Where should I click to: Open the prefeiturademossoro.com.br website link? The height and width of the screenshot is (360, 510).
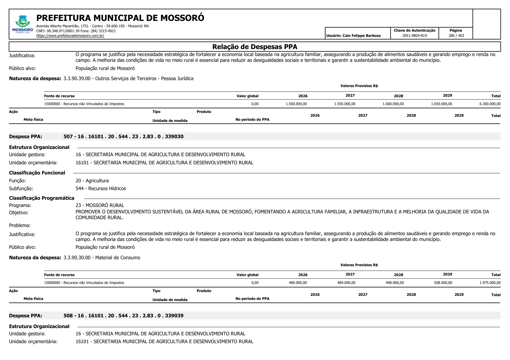click(x=70, y=36)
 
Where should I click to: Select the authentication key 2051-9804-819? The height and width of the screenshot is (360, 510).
click(x=414, y=36)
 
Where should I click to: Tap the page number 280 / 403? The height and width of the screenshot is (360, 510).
click(x=456, y=36)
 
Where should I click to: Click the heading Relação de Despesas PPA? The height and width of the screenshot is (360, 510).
click(x=255, y=47)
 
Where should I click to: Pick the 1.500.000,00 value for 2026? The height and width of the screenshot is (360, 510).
click(x=296, y=104)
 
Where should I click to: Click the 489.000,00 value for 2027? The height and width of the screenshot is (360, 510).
click(x=346, y=283)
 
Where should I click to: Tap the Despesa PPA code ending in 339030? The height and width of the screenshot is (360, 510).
click(x=124, y=136)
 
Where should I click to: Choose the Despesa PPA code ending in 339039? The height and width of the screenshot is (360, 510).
click(x=124, y=316)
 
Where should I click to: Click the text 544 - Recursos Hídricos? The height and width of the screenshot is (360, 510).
click(x=101, y=189)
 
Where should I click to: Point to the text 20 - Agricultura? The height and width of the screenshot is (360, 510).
click(x=92, y=181)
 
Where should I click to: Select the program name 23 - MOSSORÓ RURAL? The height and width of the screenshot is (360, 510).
click(x=100, y=205)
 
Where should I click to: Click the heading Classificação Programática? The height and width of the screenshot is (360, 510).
click(x=42, y=198)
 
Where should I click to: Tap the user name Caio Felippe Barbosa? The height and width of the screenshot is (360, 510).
click(x=353, y=36)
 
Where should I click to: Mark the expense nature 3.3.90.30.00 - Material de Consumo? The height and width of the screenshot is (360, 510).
click(x=102, y=258)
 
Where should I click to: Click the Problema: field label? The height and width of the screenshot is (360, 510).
click(x=20, y=225)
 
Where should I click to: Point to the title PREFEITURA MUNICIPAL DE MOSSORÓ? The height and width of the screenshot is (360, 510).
click(x=120, y=18)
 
